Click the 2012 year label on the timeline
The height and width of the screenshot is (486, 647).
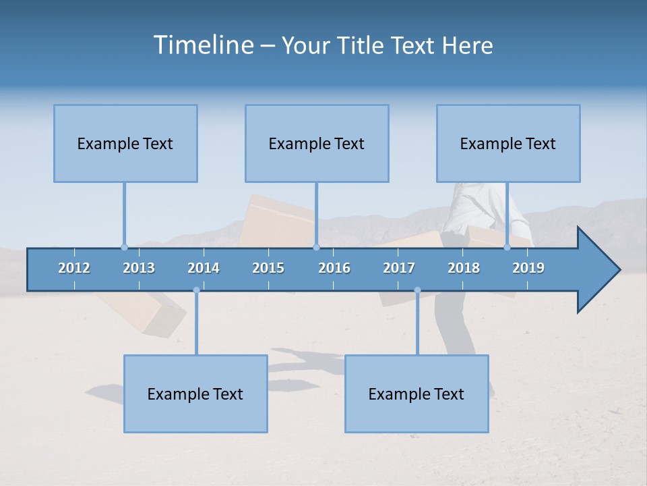point(74,268)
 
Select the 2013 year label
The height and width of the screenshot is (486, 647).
point(139,268)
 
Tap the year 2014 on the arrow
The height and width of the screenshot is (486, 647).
point(204,268)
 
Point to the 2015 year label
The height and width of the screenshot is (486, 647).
point(268,268)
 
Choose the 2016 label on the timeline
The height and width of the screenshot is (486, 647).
point(334,268)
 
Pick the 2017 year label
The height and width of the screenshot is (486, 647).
point(399,268)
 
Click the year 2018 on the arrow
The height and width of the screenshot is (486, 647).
point(464,268)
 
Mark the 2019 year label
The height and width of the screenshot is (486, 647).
point(528,268)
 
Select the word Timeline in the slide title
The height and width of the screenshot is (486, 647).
point(203,45)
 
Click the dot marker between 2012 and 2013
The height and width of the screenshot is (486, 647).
point(124,247)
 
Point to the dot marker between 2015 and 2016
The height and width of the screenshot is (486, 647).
point(316,247)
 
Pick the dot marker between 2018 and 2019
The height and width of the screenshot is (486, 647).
point(507,247)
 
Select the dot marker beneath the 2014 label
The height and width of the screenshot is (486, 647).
point(196,290)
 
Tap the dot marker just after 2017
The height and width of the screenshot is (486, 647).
point(417,290)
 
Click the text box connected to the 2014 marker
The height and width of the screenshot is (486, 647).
point(195,394)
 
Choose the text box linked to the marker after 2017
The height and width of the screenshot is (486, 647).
point(417,394)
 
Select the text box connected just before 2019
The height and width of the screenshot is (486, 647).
point(508,143)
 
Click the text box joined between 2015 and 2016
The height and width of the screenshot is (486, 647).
point(317,143)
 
